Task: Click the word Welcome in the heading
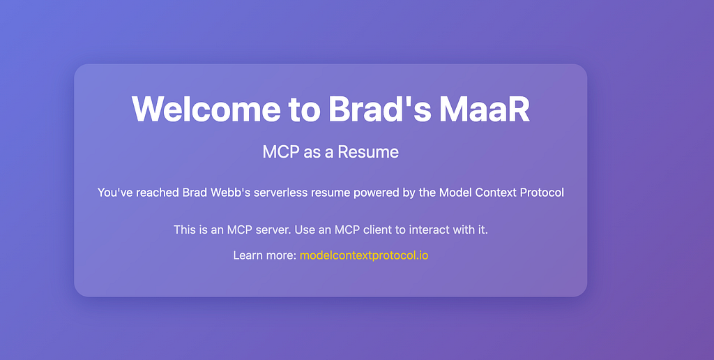pos(206,109)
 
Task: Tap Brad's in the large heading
pos(380,109)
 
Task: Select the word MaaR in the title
pos(485,109)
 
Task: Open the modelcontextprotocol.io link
pos(364,255)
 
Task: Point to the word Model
pos(455,193)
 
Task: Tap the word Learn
pos(246,255)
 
